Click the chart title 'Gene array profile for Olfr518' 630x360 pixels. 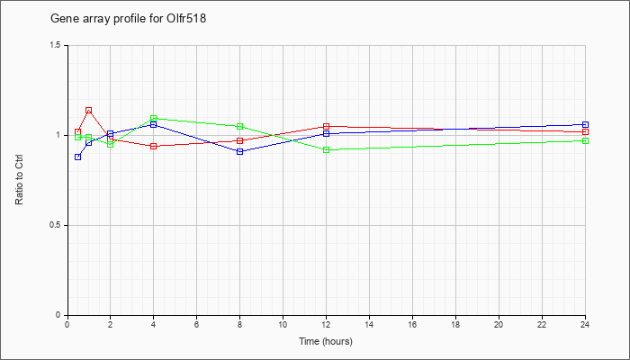click(128, 19)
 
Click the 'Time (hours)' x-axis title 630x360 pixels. click(326, 341)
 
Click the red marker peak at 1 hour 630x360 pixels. click(89, 110)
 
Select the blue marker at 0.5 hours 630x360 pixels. click(78, 157)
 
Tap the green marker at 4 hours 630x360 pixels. click(154, 119)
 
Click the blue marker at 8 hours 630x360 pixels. click(240, 151)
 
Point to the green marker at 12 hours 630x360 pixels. click(326, 150)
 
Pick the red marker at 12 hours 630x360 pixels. click(326, 127)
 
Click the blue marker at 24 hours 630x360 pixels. click(585, 124)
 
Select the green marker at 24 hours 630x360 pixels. click(585, 140)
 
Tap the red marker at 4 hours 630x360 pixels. click(154, 146)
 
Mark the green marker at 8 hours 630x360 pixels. click(240, 127)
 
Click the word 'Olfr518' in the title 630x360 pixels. click(186, 19)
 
